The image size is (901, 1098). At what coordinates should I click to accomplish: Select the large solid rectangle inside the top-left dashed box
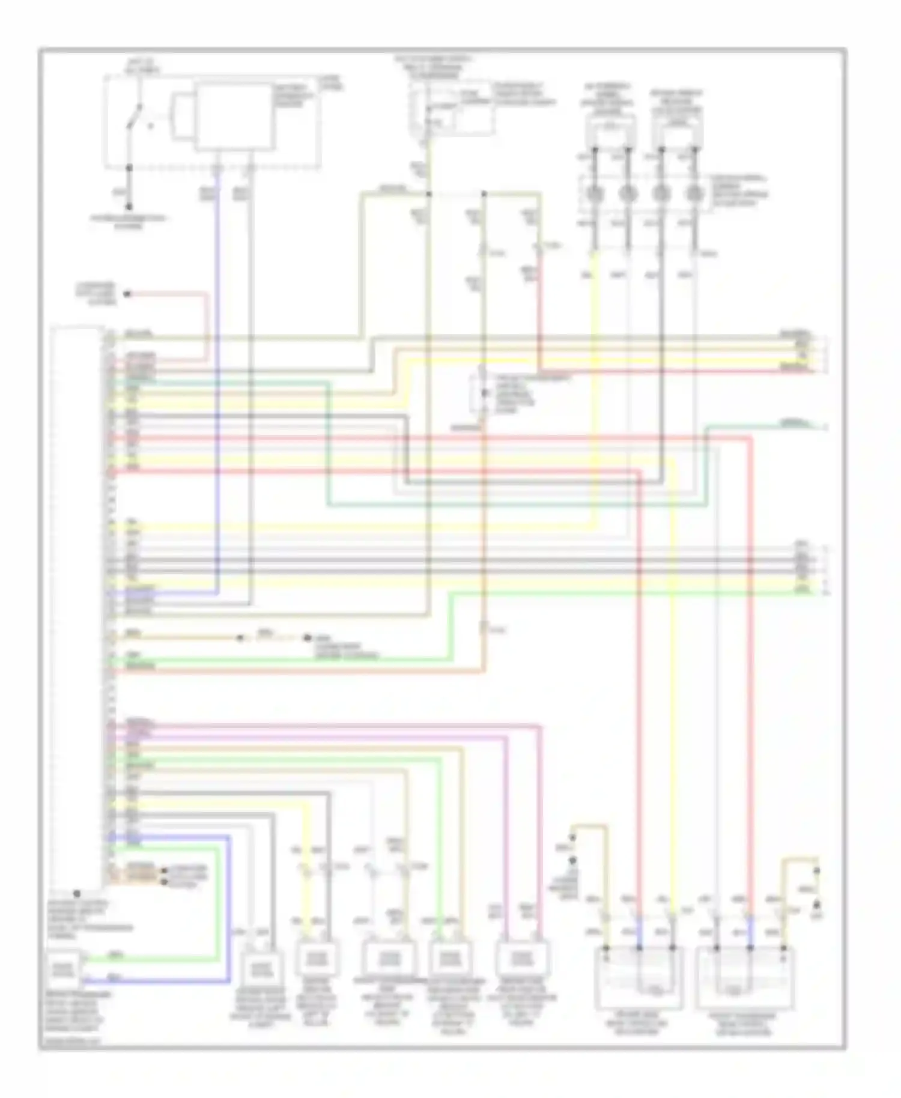233,117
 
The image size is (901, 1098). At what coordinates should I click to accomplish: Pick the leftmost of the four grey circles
595,193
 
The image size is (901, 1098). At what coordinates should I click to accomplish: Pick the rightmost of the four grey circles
695,193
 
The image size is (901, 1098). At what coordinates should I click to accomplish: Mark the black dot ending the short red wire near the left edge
127,294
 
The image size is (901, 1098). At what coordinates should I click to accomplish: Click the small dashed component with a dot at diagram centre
484,393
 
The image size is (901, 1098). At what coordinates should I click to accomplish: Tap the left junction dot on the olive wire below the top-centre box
429,194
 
